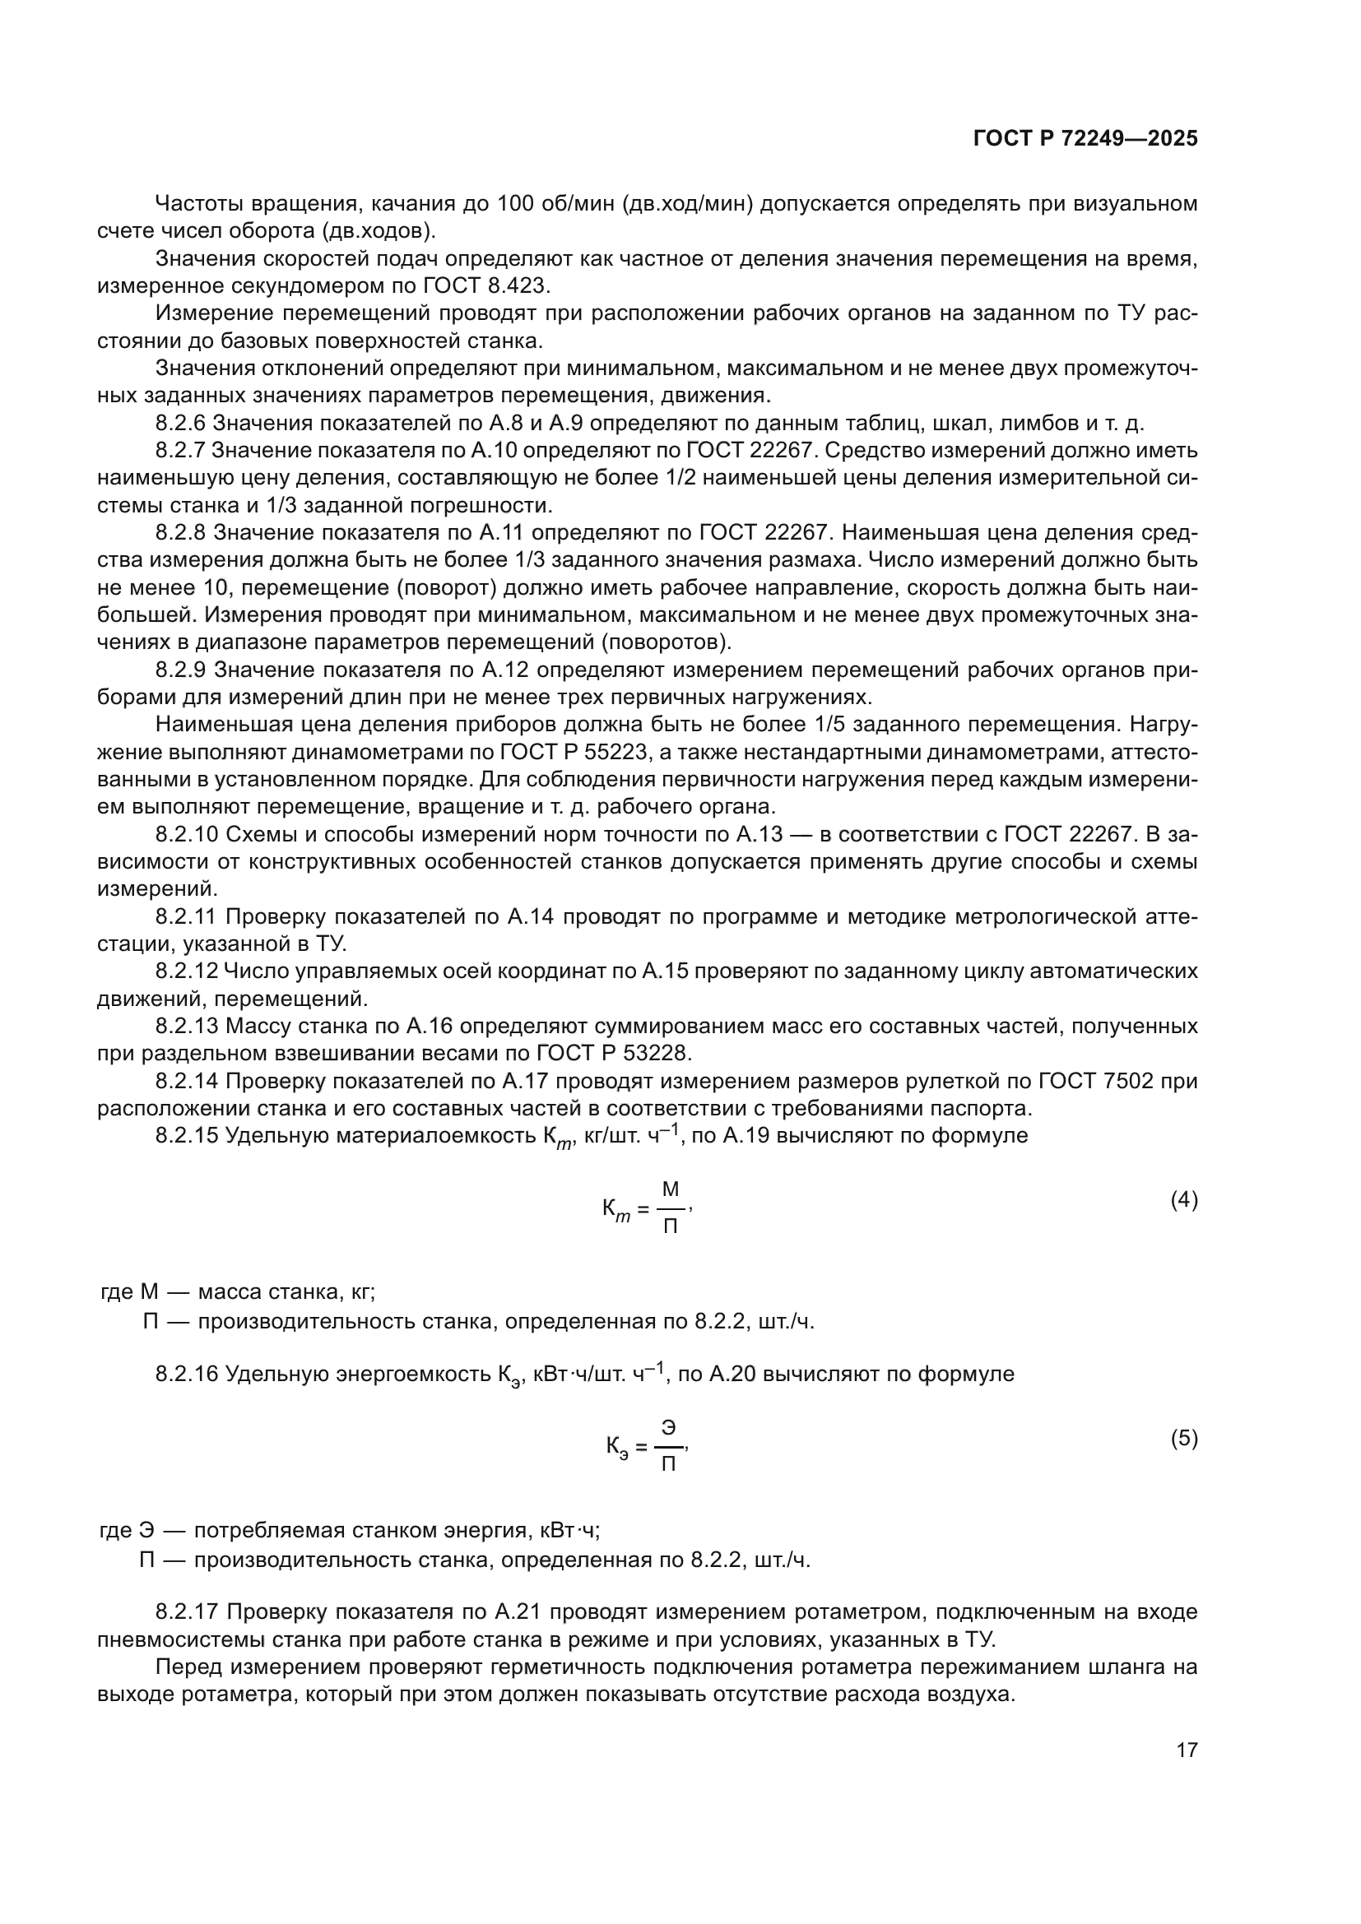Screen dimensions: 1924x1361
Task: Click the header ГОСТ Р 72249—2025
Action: (x=1085, y=139)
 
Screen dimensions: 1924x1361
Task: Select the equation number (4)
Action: (x=1184, y=1200)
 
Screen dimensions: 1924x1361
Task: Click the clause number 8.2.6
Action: (x=180, y=423)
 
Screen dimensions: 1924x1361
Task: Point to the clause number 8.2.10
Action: (x=186, y=835)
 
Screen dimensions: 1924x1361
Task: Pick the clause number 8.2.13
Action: (x=186, y=1027)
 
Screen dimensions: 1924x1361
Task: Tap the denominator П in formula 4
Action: (x=671, y=1226)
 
